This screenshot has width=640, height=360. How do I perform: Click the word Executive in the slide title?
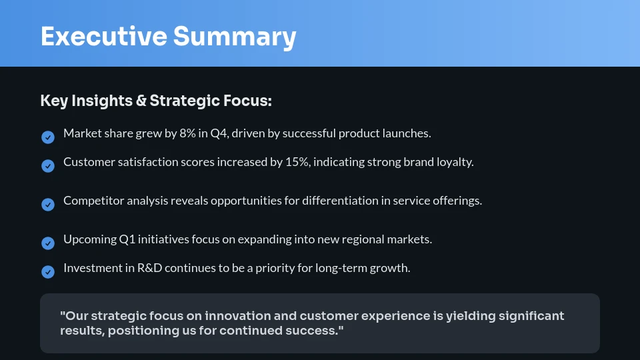pos(103,36)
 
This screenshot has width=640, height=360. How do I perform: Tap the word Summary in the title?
pos(235,36)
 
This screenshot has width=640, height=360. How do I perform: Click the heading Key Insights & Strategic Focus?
pos(156,101)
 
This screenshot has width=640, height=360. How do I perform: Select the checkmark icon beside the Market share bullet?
pos(48,137)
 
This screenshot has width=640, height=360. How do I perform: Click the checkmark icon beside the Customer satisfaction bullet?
pos(48,166)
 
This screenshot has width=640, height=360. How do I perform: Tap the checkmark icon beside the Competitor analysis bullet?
pos(48,205)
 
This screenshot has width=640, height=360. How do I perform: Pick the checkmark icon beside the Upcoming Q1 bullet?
pos(48,243)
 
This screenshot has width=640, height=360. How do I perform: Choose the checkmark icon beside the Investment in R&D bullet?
pos(48,272)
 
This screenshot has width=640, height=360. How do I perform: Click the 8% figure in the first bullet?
pos(187,133)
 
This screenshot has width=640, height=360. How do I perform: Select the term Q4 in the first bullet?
pos(219,133)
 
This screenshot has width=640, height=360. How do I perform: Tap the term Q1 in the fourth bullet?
pos(128,239)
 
